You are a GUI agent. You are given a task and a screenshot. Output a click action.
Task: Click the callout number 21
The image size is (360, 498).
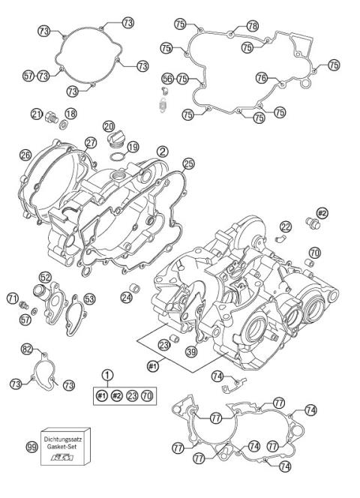(x=35, y=113)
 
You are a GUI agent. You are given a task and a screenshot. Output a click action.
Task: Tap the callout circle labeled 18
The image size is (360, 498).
(x=70, y=113)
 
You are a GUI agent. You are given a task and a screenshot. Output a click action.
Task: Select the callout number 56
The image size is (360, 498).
(x=167, y=78)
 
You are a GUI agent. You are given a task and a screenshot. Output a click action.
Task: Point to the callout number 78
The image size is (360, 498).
(x=252, y=25)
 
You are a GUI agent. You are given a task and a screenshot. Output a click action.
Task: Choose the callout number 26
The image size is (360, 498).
(x=25, y=156)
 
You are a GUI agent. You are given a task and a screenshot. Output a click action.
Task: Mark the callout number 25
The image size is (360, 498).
(x=188, y=163)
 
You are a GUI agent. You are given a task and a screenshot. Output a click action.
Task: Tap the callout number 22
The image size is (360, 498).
(x=286, y=226)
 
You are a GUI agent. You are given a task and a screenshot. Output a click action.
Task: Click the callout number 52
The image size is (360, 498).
(x=45, y=275)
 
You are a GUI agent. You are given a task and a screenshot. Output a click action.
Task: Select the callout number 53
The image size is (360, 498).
(x=89, y=298)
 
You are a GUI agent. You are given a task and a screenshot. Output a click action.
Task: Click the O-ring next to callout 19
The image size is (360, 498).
(x=115, y=156)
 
